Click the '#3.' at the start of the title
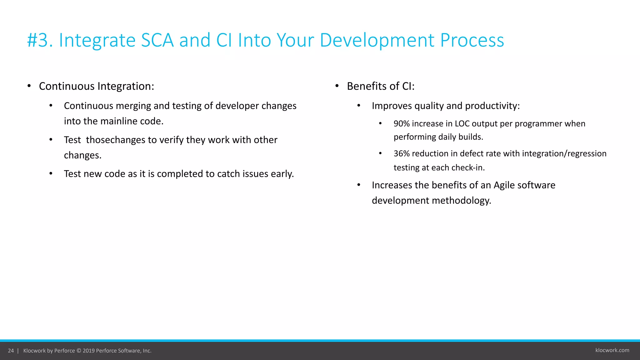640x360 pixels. click(40, 41)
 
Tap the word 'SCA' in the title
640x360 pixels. click(157, 41)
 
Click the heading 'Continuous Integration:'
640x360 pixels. click(96, 86)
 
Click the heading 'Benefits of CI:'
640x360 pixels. click(381, 86)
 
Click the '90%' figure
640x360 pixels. click(402, 124)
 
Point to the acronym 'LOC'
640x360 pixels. click(462, 124)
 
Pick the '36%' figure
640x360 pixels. click(402, 154)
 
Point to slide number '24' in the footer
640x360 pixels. click(11, 351)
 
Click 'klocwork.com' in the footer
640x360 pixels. click(612, 350)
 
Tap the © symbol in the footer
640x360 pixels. click(79, 351)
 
